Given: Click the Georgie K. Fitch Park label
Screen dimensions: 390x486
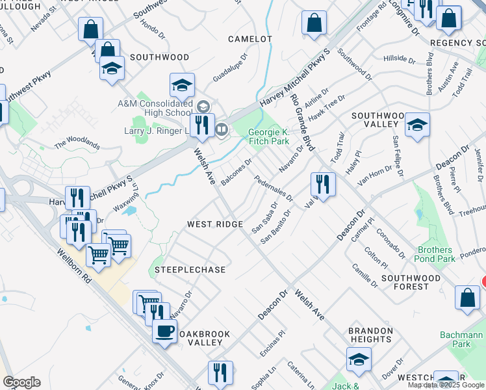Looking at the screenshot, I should click(x=268, y=136).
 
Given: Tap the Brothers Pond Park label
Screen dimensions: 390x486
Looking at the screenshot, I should click(x=435, y=254).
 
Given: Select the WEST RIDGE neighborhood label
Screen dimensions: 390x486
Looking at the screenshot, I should click(x=215, y=224).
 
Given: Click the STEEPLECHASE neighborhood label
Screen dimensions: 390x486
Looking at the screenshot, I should click(x=190, y=270).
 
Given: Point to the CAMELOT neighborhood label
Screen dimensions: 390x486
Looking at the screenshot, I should click(x=250, y=39).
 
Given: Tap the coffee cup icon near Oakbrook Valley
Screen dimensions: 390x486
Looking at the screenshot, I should click(x=164, y=331).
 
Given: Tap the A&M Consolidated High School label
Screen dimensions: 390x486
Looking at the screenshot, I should click(x=155, y=108).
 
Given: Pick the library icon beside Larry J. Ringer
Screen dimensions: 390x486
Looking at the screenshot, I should click(x=221, y=130).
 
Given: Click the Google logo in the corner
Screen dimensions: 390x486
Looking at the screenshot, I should click(x=21, y=382).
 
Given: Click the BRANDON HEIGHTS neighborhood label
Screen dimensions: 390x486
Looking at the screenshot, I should click(x=370, y=335).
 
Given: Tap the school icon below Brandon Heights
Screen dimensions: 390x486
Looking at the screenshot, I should click(x=359, y=359).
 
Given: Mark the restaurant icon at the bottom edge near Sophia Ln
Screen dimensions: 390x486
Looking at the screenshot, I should click(x=220, y=373).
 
